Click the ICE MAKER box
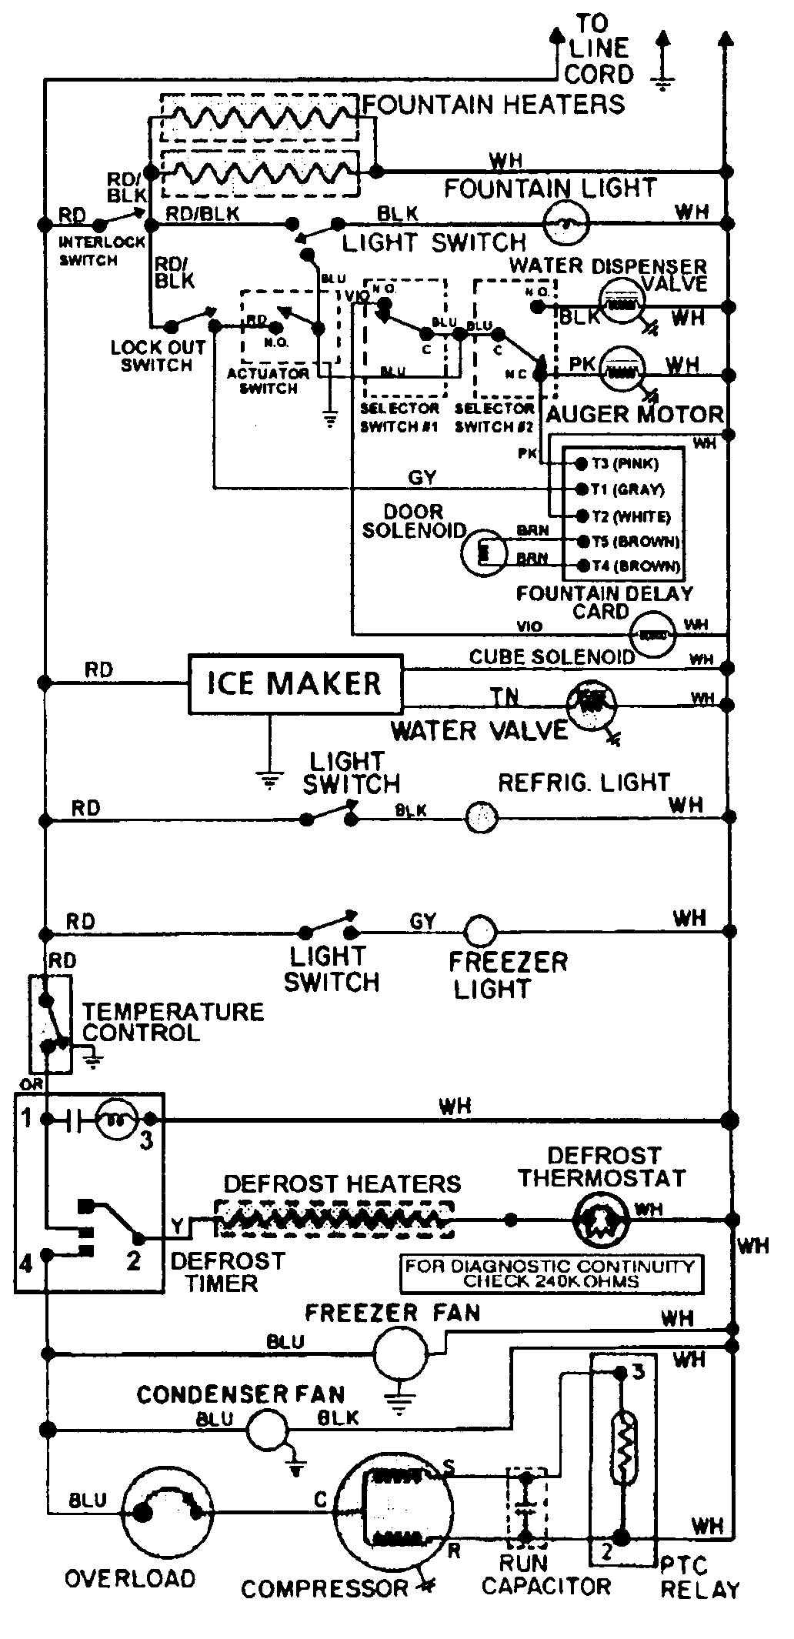(295, 683)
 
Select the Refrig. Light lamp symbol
(482, 817)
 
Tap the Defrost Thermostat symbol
(597, 1220)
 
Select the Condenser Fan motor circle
(265, 1430)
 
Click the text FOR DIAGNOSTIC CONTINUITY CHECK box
(551, 1273)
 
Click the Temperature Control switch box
(50, 1024)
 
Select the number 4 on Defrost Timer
(26, 1263)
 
